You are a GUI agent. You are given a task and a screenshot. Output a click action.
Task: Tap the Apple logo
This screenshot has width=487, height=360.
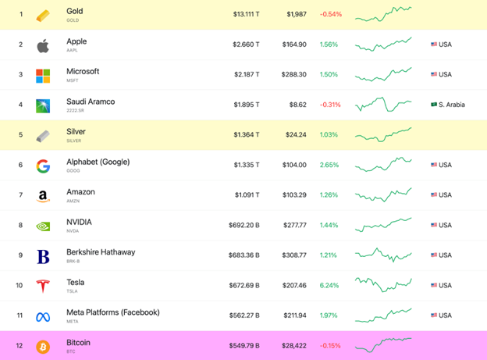[43, 45]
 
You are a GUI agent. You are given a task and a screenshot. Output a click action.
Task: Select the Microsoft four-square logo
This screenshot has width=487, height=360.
[43, 76]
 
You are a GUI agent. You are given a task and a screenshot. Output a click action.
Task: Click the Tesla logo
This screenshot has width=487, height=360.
[43, 286]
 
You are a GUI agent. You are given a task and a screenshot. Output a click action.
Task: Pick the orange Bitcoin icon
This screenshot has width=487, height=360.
[43, 346]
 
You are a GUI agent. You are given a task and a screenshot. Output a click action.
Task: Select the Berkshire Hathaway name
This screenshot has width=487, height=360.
[101, 252]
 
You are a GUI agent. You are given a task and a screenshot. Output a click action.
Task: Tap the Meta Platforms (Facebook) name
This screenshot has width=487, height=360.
[112, 312]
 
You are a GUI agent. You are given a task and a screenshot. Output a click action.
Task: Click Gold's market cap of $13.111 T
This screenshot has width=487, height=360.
[246, 15]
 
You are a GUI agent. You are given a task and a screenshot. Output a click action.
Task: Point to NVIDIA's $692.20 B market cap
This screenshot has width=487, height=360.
[244, 225]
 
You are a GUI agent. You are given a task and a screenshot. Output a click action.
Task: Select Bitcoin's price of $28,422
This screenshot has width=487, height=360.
[296, 345]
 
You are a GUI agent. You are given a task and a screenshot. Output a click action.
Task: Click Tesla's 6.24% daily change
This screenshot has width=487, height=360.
[329, 285]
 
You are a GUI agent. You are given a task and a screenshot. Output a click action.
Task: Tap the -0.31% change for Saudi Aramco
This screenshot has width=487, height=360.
[329, 105]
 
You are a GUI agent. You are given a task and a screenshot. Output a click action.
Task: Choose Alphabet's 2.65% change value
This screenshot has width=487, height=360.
[329, 165]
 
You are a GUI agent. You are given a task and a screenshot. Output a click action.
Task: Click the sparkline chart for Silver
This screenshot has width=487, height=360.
[383, 134]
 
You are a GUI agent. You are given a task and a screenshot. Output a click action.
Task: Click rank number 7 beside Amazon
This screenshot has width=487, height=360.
[20, 195]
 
